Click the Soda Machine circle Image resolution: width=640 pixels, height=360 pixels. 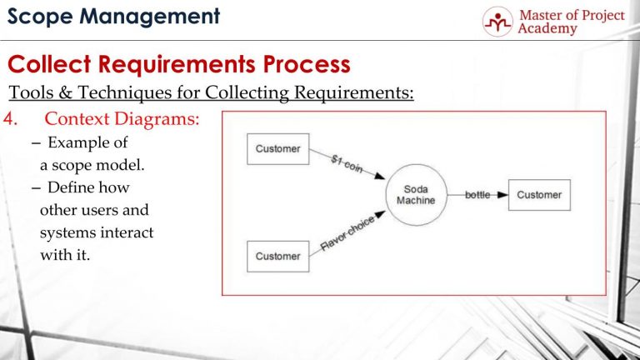(415, 195)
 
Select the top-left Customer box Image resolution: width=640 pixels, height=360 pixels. (278, 149)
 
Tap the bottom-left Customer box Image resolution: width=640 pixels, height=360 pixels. (278, 256)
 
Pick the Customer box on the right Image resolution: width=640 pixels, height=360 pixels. (539, 195)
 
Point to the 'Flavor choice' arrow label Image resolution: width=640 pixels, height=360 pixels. (347, 236)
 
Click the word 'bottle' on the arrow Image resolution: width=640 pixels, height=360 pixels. (477, 195)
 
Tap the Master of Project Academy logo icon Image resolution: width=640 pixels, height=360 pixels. (497, 22)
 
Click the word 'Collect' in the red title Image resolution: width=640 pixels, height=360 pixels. (54, 64)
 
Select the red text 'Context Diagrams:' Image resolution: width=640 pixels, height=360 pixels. (122, 120)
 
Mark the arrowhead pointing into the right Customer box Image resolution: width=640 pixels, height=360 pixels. (502, 195)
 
